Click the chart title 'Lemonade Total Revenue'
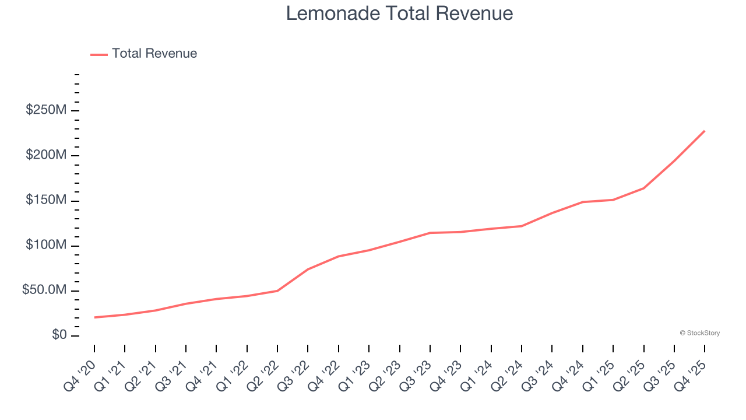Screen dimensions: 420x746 [399, 13]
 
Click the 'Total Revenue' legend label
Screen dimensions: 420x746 [154, 54]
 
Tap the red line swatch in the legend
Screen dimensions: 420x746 [99, 54]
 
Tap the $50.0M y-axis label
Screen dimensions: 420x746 [44, 290]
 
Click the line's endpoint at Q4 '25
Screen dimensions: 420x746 [705, 131]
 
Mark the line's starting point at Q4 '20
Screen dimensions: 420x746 [94, 317]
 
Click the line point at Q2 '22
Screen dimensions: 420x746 [277, 290]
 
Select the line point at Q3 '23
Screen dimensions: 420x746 [430, 233]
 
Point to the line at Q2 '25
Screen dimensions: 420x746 [643, 188]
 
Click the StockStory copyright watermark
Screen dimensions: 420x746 [699, 333]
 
